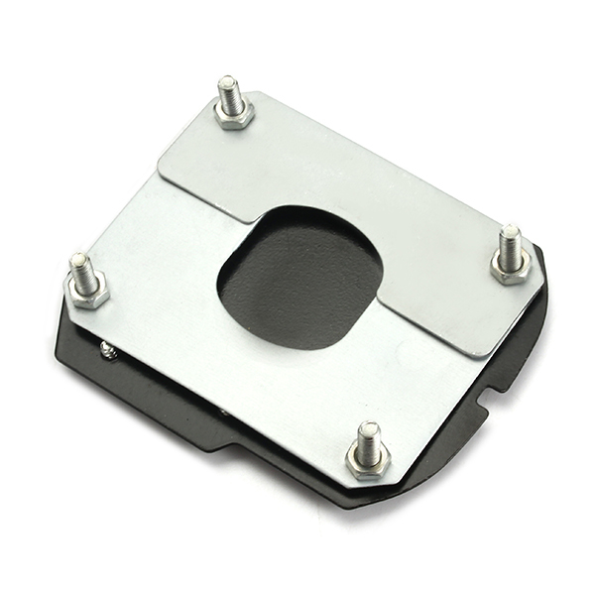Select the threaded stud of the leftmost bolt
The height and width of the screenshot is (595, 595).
pyautogui.click(x=81, y=269)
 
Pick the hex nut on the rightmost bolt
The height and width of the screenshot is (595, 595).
pyautogui.click(x=511, y=269)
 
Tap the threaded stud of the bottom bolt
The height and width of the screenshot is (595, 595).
pyautogui.click(x=368, y=441)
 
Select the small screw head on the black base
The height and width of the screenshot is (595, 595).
pyautogui.click(x=107, y=349)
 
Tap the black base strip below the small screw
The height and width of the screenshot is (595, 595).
pyautogui.click(x=149, y=397)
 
